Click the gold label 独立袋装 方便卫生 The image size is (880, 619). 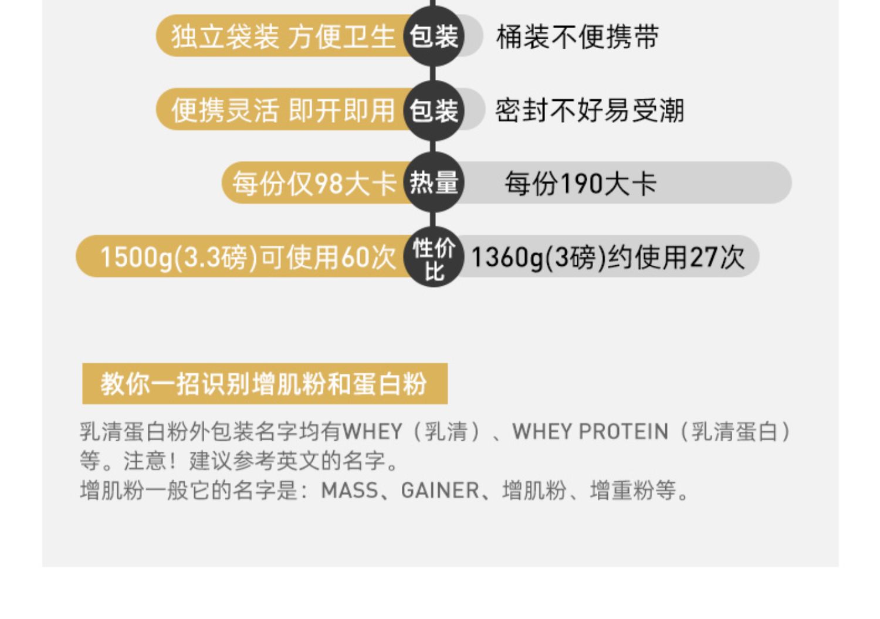coord(283,37)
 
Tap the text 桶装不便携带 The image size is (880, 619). coord(577,37)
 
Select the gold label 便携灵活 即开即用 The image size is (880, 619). coord(283,110)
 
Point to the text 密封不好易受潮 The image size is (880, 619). coord(590,110)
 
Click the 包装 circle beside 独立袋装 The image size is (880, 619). coord(434,36)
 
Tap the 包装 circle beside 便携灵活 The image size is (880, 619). coord(434,110)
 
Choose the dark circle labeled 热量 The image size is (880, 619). coord(434,183)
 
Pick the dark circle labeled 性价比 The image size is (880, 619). coord(434,257)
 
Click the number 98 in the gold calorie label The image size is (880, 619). coord(329,184)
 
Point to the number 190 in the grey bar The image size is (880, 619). coord(581,184)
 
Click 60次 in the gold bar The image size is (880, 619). coord(368,257)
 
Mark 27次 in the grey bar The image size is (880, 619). coord(716,257)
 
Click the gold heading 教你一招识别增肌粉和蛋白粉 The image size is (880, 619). coord(264,384)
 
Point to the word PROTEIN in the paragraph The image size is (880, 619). coord(623,432)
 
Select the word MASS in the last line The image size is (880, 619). coord(350,491)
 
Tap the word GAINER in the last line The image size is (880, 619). coord(440,491)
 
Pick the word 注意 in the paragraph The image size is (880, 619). coord(145,461)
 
